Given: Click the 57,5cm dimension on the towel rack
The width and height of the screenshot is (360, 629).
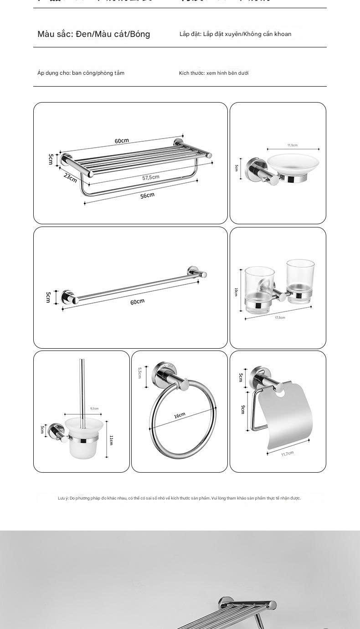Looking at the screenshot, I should [151, 177].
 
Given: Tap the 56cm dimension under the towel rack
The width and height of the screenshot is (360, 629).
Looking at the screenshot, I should [147, 196].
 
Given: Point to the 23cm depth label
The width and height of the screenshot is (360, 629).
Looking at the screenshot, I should [70, 177].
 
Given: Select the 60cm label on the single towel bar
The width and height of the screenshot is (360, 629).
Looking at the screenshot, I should [137, 302].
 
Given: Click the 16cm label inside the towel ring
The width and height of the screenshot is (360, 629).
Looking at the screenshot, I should [180, 415].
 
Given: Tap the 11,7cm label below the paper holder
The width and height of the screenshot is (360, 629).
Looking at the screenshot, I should [287, 454].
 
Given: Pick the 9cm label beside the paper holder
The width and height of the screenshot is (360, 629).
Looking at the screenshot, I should [243, 409].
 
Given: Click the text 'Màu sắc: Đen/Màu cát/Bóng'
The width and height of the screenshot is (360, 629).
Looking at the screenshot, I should [94, 34].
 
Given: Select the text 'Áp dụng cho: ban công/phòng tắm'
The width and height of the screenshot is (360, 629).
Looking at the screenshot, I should [81, 73].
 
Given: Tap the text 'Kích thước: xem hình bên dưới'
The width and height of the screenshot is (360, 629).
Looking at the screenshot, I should [214, 73].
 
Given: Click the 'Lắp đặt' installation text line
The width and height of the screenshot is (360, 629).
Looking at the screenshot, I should [235, 34].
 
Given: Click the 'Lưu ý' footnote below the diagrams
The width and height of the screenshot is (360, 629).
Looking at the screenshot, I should [179, 498].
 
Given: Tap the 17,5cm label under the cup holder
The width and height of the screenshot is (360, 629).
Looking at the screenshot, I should [279, 318].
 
